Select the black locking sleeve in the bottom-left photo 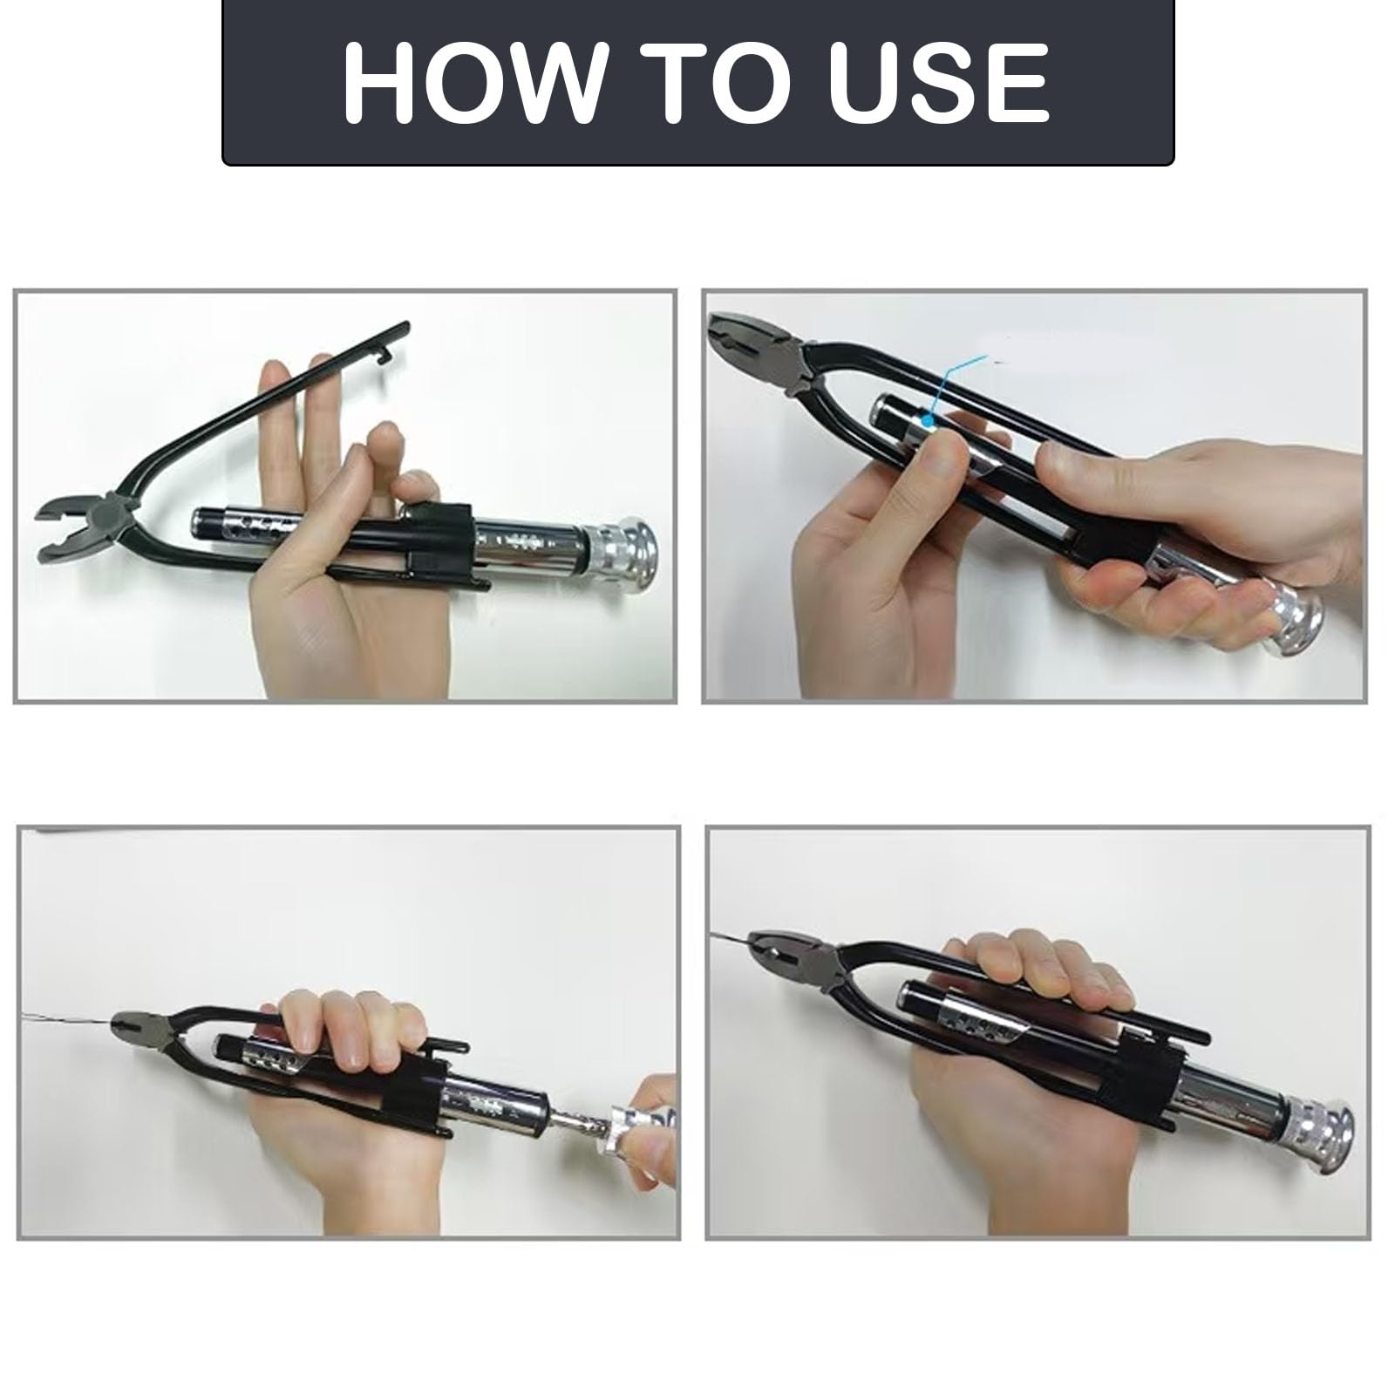(x=423, y=1077)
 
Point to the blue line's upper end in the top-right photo (x=985, y=357)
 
